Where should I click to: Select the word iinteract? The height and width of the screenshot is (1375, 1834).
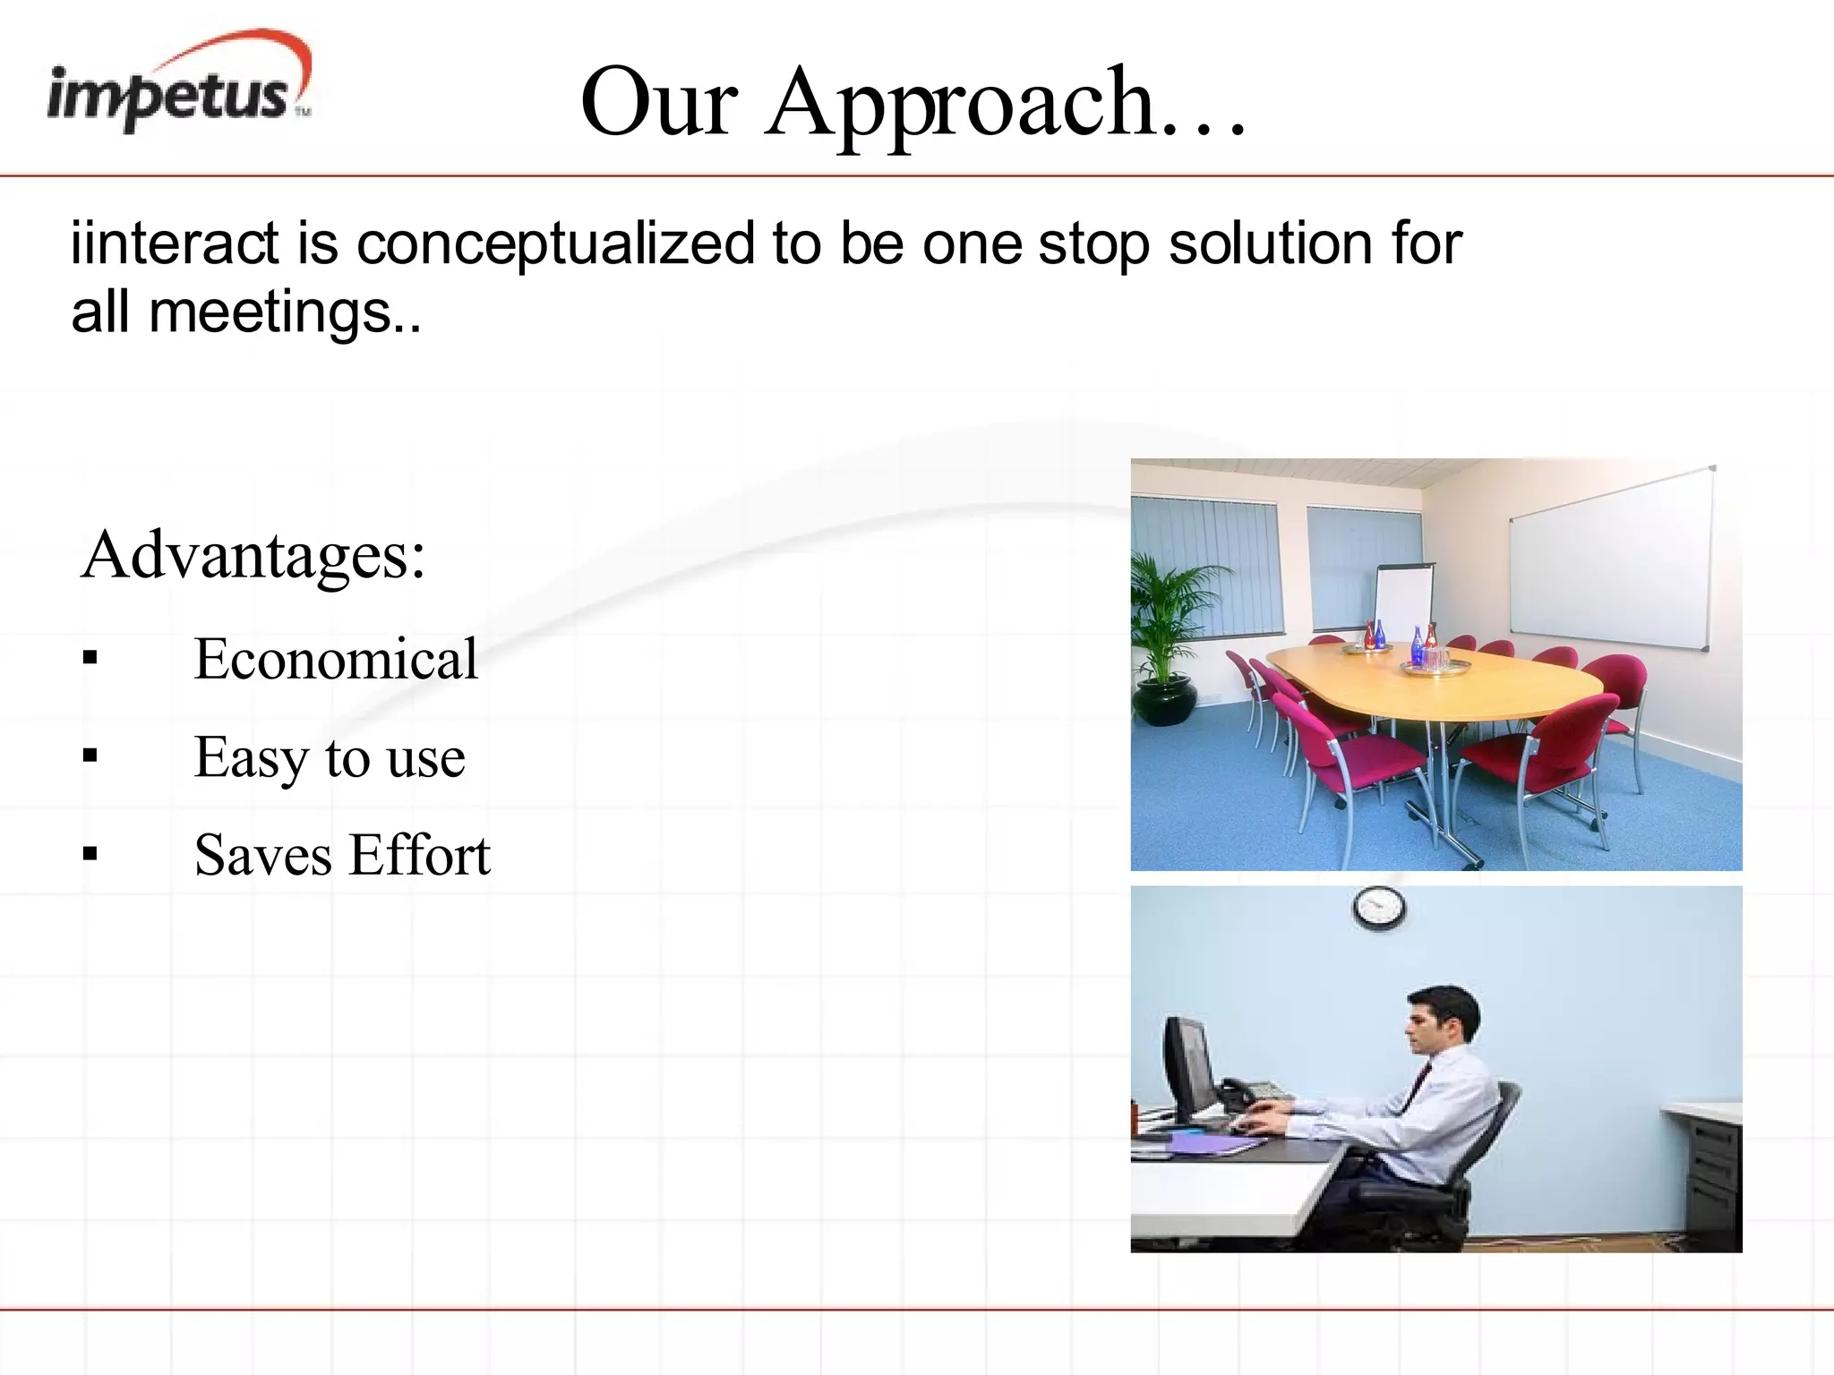[175, 243]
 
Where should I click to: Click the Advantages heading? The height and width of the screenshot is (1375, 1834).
[253, 555]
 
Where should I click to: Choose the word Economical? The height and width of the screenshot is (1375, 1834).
[335, 659]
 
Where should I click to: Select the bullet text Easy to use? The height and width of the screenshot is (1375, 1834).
[329, 757]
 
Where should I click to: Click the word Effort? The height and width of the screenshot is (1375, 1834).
[419, 855]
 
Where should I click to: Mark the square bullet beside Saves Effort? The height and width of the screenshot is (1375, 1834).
[90, 855]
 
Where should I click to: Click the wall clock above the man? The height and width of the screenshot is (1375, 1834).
[1378, 907]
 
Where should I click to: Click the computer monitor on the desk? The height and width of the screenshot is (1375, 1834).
[1189, 1070]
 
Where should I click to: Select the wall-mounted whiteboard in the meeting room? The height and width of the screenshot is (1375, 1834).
[1609, 559]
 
